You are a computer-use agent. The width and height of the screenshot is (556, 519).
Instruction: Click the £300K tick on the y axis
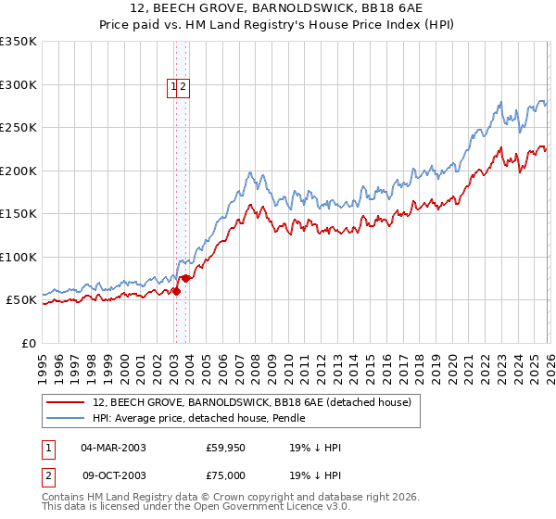click(19, 84)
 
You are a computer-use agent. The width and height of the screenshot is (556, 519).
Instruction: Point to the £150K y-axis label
click(19, 213)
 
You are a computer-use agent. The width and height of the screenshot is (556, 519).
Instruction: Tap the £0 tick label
click(30, 343)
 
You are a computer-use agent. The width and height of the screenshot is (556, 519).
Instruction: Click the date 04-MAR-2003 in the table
click(113, 448)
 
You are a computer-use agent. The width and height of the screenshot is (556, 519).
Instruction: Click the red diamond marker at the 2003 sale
click(176, 291)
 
